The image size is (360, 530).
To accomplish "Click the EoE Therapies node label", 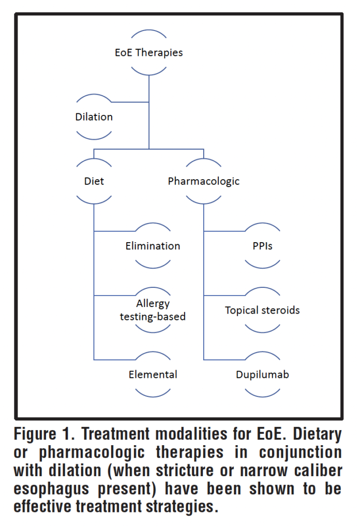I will click(x=148, y=52).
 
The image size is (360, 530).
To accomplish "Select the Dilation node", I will click(x=94, y=117).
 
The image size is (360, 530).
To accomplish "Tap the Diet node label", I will click(x=94, y=182).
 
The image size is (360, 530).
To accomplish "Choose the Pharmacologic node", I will click(x=203, y=182).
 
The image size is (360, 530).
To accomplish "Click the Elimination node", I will click(x=153, y=246).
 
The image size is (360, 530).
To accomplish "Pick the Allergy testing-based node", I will click(x=153, y=310).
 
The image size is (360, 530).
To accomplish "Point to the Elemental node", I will click(x=153, y=374).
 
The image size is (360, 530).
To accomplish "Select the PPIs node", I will click(x=262, y=246).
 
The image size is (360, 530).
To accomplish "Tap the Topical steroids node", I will click(x=262, y=311).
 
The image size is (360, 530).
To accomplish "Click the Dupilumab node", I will click(x=262, y=374).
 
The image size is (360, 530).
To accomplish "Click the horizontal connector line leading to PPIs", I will click(x=224, y=231).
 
